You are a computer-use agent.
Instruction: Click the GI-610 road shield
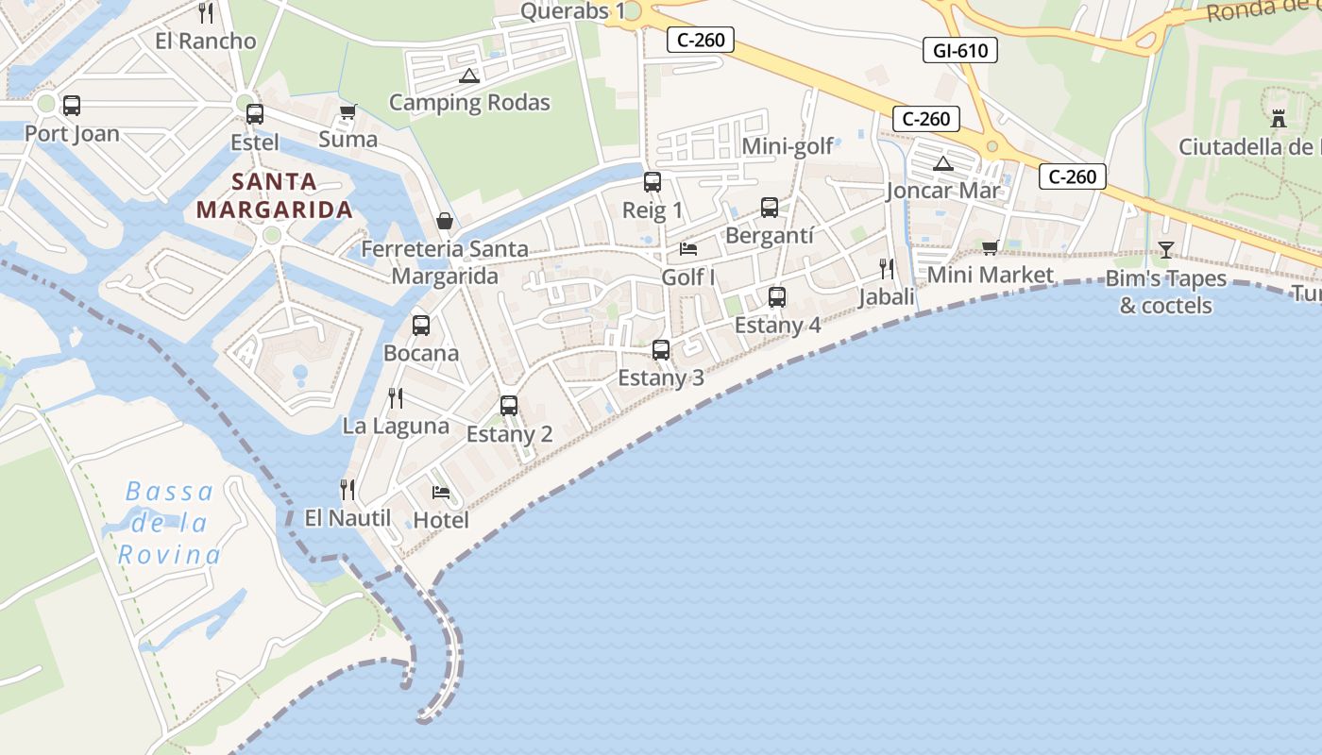click(959, 50)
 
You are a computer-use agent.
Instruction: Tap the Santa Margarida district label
click(274, 195)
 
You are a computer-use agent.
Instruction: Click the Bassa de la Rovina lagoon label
click(170, 523)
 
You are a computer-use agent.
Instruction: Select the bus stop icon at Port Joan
click(71, 106)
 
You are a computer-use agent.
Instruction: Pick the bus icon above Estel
click(254, 114)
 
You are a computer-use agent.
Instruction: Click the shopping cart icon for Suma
click(347, 111)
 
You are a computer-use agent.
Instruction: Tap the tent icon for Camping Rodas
click(468, 75)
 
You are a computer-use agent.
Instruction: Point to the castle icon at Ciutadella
click(1279, 119)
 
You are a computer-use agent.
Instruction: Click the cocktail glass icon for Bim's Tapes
click(1166, 249)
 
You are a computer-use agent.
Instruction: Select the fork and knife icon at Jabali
click(886, 269)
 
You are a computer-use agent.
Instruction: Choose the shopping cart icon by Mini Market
click(990, 247)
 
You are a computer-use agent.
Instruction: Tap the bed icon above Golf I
click(688, 249)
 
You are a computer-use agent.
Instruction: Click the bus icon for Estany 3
click(661, 350)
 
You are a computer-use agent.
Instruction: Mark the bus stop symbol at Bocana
click(421, 326)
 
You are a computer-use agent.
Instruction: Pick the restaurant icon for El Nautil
click(347, 489)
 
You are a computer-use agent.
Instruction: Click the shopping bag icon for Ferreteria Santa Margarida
click(444, 221)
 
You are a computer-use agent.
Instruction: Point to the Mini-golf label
click(788, 146)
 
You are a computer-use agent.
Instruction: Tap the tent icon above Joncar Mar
click(942, 164)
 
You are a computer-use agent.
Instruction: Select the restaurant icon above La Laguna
click(396, 398)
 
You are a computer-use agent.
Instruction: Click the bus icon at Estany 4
click(777, 297)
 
